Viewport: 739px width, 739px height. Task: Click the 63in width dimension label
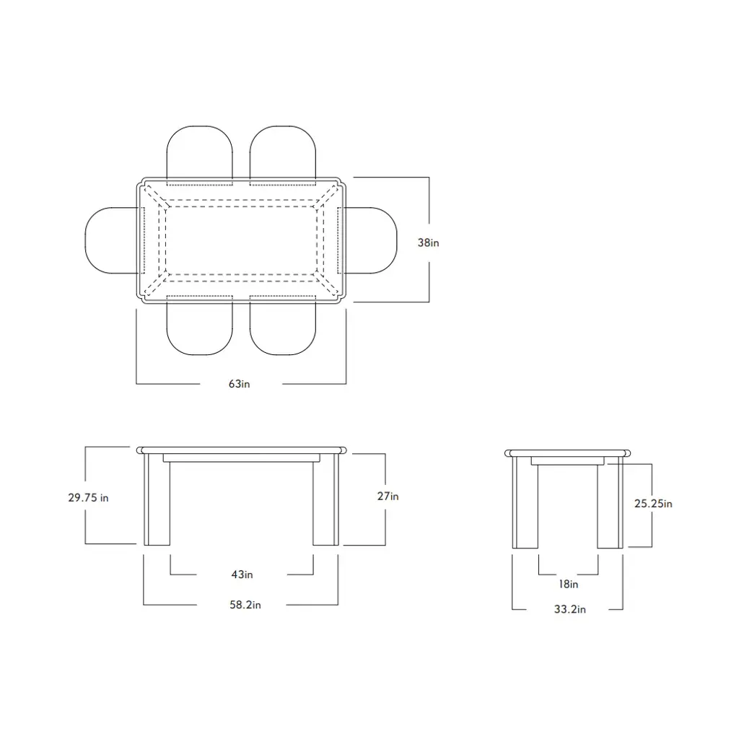coord(240,384)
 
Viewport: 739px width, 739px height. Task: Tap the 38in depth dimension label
coord(428,242)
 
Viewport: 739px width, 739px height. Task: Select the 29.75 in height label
coord(88,498)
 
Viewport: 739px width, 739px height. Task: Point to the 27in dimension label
coord(388,497)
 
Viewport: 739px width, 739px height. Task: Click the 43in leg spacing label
coord(242,574)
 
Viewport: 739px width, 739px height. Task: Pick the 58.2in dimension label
coord(245,605)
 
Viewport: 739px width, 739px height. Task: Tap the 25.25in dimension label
coord(653,504)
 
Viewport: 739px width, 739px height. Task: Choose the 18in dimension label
coord(569,584)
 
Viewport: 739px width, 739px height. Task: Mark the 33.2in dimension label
coord(570,609)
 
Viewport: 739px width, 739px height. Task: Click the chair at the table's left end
coord(86,240)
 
